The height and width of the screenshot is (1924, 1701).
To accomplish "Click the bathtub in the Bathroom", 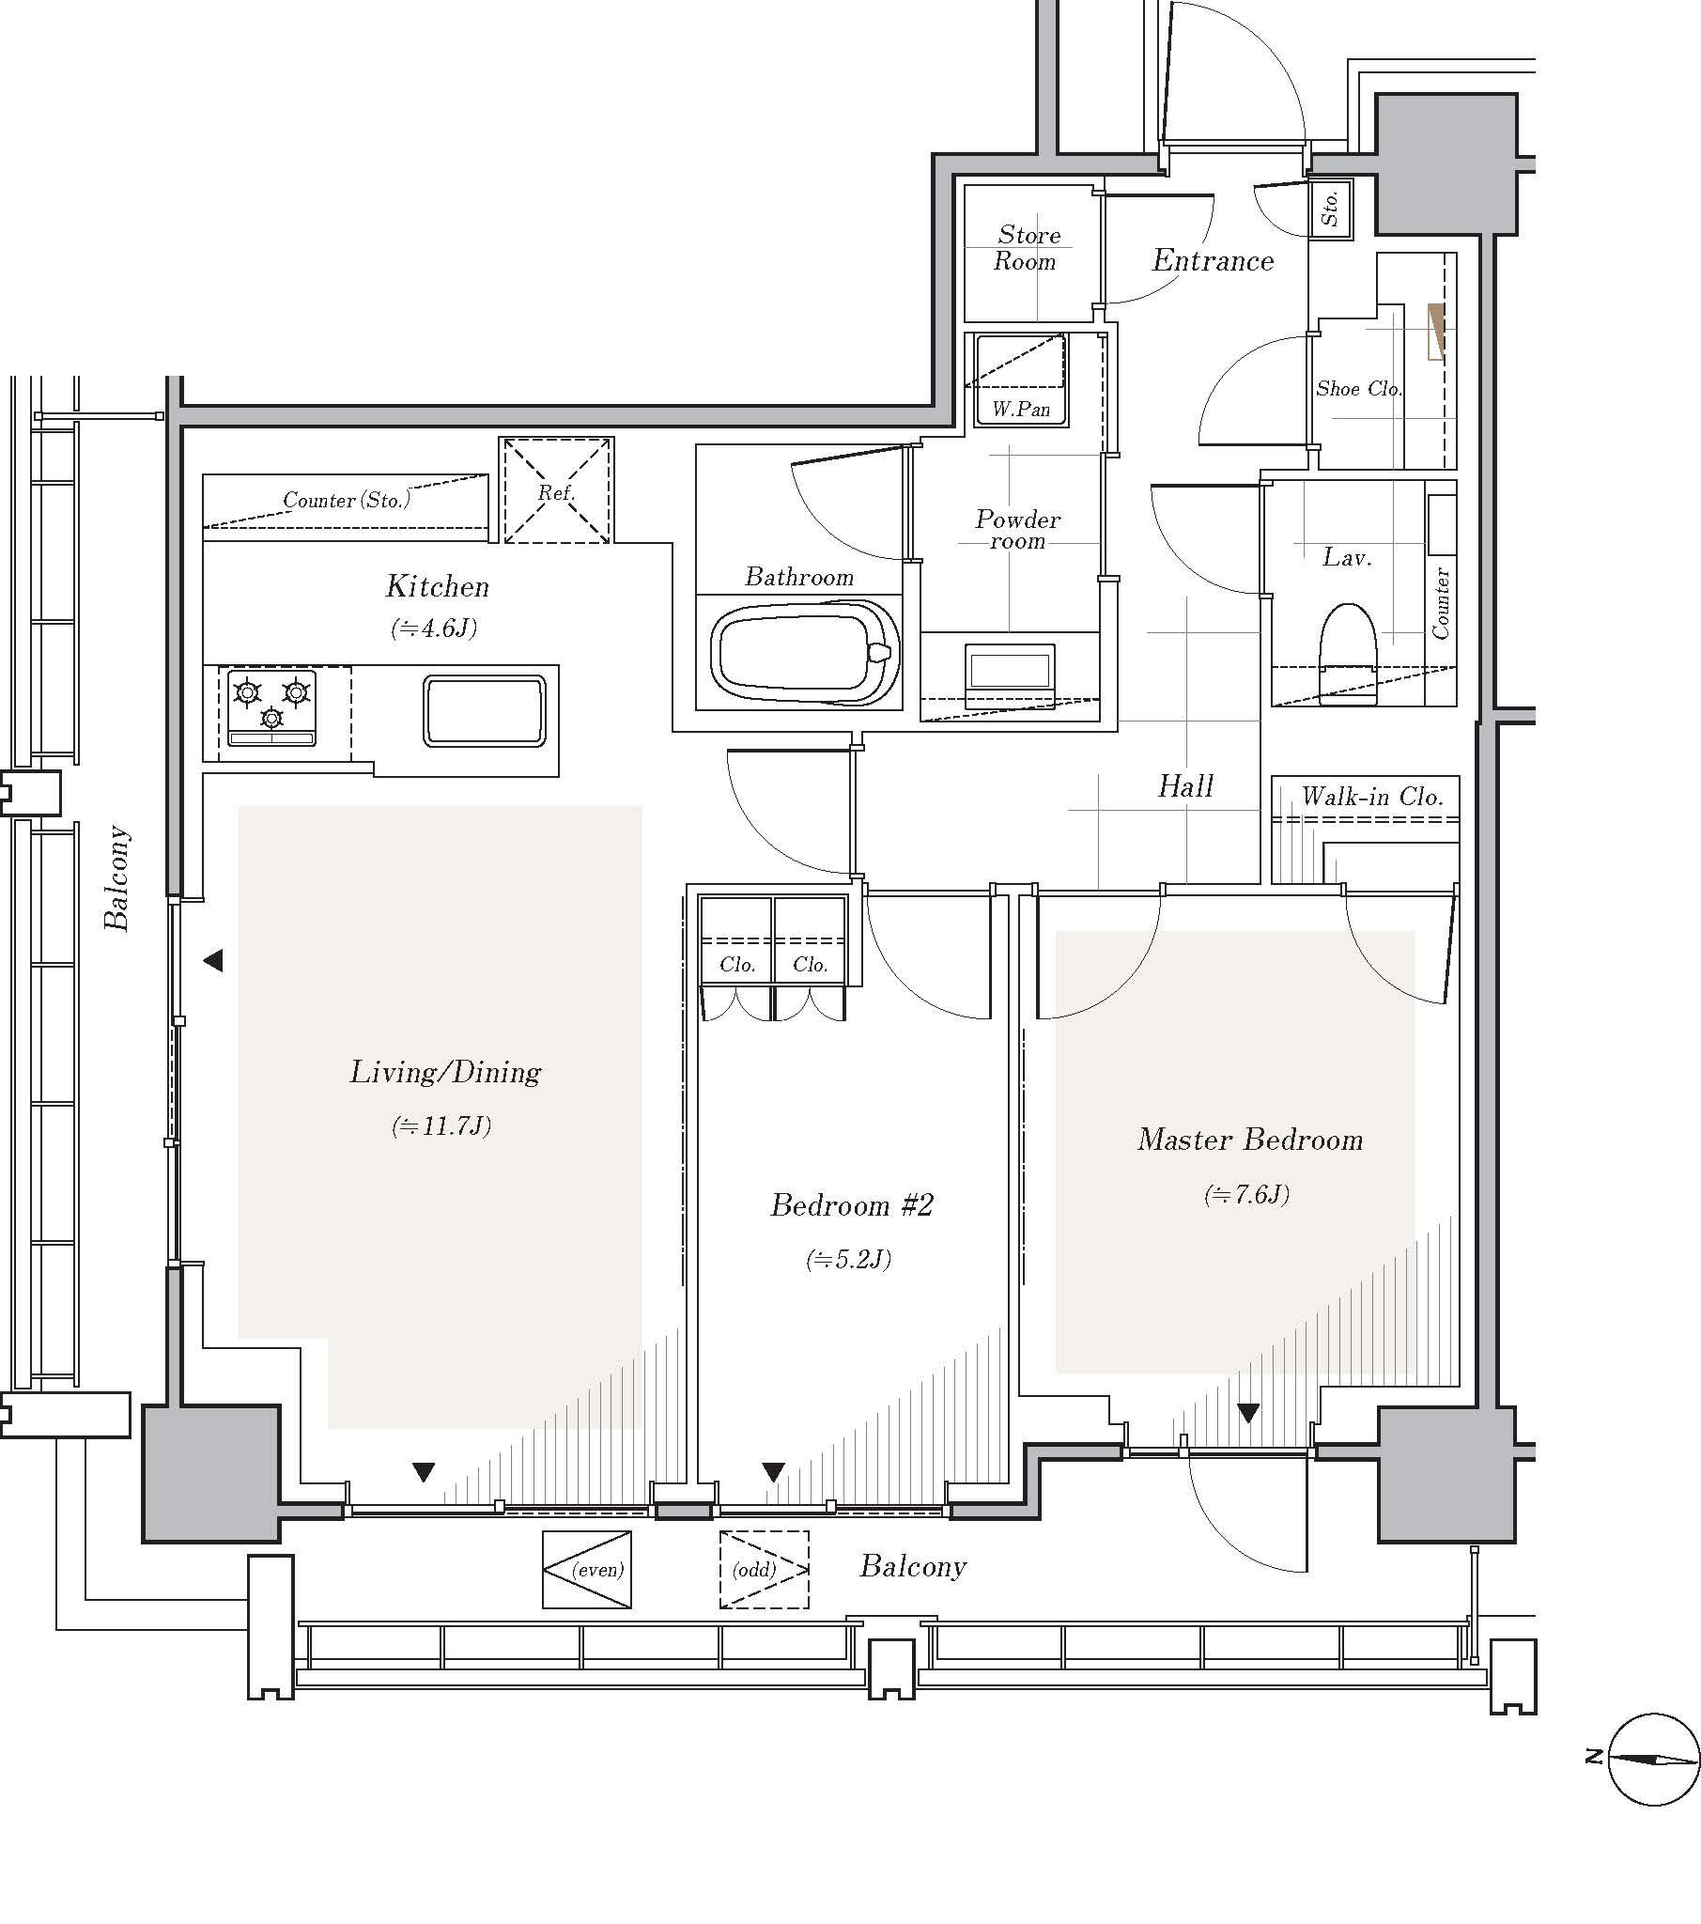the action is pyautogui.click(x=805, y=652).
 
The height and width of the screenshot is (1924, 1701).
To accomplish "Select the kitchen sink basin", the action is pyautogui.click(x=484, y=710).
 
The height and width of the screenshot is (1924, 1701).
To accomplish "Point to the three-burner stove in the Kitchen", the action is pyautogui.click(x=272, y=706).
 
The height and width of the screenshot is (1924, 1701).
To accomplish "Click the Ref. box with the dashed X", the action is pyautogui.click(x=556, y=489).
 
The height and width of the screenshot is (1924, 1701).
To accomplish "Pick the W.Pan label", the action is pyautogui.click(x=1021, y=411).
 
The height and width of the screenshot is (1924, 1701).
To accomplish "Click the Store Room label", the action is pyautogui.click(x=1027, y=249).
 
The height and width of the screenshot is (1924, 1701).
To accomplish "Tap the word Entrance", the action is pyautogui.click(x=1213, y=261).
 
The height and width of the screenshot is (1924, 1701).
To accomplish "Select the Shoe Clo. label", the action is pyautogui.click(x=1358, y=388).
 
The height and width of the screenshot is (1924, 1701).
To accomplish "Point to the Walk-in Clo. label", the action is pyautogui.click(x=1371, y=797).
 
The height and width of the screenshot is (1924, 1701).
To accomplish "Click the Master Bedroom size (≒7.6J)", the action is pyautogui.click(x=1246, y=1194).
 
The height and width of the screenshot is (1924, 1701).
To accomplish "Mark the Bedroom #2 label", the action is pyautogui.click(x=851, y=1205).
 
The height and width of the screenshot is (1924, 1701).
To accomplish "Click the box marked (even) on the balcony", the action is pyautogui.click(x=587, y=1569).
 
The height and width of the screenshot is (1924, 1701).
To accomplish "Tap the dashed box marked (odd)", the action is pyautogui.click(x=765, y=1569).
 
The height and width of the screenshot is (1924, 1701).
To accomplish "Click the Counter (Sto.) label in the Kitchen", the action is pyautogui.click(x=347, y=500).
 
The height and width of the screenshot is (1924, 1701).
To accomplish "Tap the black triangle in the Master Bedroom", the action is pyautogui.click(x=1248, y=1413).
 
